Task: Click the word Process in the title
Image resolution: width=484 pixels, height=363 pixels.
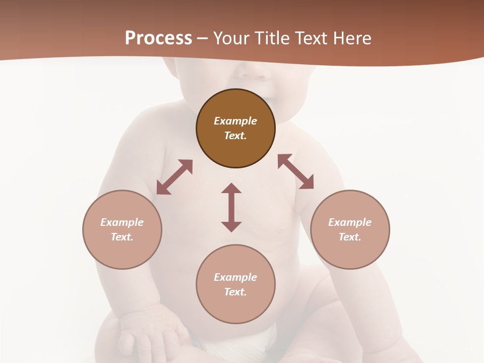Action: pyautogui.click(x=158, y=38)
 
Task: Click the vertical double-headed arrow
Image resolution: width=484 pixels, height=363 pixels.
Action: pyautogui.click(x=231, y=207)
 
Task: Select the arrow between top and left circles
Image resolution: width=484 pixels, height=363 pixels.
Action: pyautogui.click(x=174, y=177)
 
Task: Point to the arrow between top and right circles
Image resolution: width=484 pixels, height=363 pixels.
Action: pyautogui.click(x=295, y=171)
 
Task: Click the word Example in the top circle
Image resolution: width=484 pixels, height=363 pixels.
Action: pyautogui.click(x=235, y=121)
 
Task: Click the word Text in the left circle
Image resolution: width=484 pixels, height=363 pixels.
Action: pyautogui.click(x=122, y=237)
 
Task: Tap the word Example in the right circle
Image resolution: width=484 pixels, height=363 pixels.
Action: pyautogui.click(x=350, y=222)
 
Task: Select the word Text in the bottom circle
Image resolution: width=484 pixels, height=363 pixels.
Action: pyautogui.click(x=235, y=292)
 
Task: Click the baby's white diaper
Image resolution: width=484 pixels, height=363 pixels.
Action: pyautogui.click(x=252, y=338)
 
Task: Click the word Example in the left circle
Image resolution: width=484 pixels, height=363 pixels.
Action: pyautogui.click(x=122, y=222)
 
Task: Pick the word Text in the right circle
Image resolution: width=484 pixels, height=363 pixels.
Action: pyautogui.click(x=350, y=237)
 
